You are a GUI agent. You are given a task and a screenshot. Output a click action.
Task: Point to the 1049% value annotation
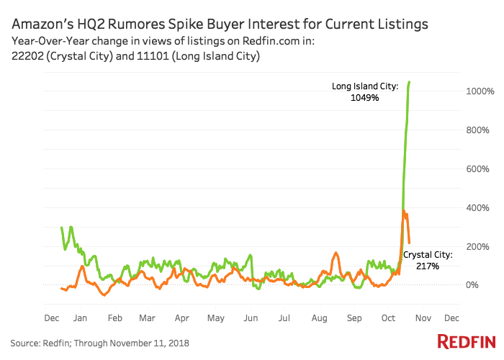pyautogui.click(x=365, y=98)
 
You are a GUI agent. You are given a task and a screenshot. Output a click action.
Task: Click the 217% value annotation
pyautogui.click(x=427, y=266)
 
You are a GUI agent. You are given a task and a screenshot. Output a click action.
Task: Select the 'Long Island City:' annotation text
pyautogui.click(x=365, y=86)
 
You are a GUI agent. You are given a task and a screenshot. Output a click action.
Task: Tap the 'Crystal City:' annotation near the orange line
pyautogui.click(x=428, y=255)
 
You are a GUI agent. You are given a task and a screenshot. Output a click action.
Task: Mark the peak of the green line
pyautogui.click(x=410, y=82)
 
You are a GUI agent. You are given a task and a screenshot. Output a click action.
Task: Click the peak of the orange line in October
pyautogui.click(x=403, y=211)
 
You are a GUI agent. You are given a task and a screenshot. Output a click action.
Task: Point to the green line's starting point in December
pyautogui.click(x=62, y=228)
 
